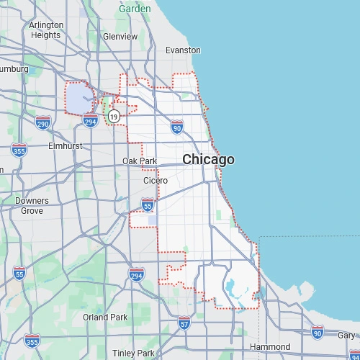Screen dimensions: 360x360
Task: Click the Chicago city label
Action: (x=208, y=159)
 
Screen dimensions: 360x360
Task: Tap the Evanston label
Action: (x=183, y=50)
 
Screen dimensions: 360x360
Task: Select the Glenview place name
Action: (x=120, y=36)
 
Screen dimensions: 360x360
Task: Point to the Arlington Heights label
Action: (x=46, y=30)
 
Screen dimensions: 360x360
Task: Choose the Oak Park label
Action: (x=139, y=161)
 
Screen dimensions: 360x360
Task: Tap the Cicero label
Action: (x=155, y=180)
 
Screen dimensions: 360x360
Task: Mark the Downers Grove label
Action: (x=32, y=205)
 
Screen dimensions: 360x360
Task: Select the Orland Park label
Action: (x=105, y=317)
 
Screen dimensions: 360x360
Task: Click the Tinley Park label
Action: (x=133, y=354)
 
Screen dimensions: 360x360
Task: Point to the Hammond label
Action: (x=269, y=347)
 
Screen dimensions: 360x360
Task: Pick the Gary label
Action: (x=346, y=335)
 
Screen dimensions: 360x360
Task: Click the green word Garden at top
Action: (x=135, y=9)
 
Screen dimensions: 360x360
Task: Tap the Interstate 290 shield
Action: (x=43, y=122)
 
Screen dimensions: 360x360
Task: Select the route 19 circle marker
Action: (x=114, y=116)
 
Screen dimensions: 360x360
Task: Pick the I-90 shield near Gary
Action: (x=318, y=331)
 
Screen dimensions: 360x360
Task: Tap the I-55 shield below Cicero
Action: (x=148, y=206)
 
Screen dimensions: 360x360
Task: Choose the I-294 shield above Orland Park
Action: (x=136, y=274)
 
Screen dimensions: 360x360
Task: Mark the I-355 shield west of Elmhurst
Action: (x=19, y=150)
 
